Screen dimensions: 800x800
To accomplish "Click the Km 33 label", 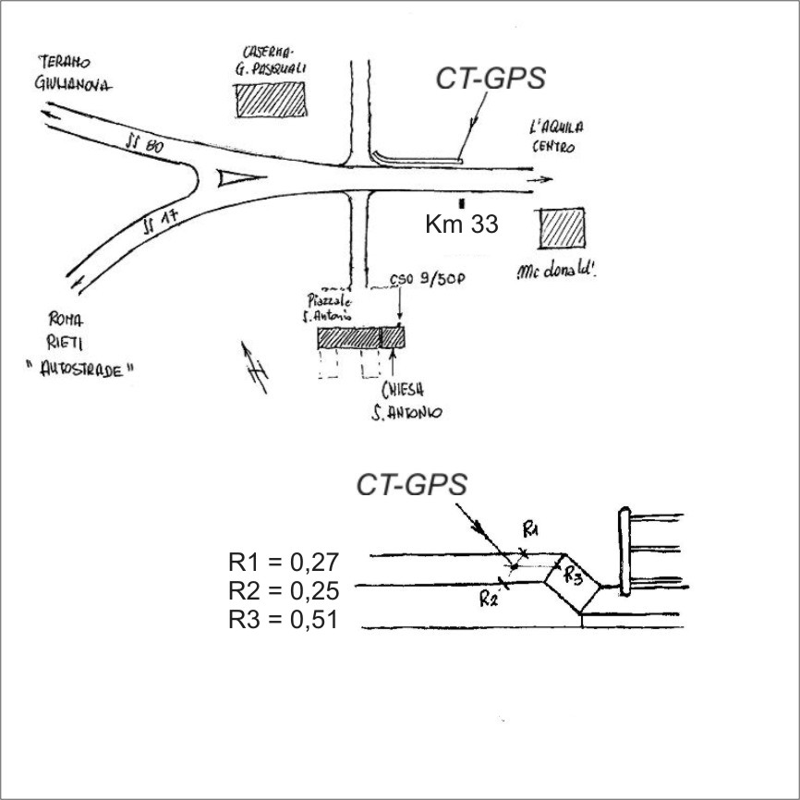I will pyautogui.click(x=461, y=224).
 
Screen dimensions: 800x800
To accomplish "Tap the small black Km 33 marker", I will pyautogui.click(x=461, y=200).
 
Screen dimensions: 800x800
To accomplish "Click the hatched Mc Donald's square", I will pyautogui.click(x=563, y=228).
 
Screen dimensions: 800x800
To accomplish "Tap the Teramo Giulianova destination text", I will pyautogui.click(x=73, y=74).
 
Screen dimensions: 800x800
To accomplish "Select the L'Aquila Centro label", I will pyautogui.click(x=557, y=136).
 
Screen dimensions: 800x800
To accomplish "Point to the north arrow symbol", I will pyautogui.click(x=256, y=367).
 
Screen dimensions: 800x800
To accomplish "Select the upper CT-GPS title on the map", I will pyautogui.click(x=491, y=79).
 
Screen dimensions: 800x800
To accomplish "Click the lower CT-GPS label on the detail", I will pyautogui.click(x=412, y=485).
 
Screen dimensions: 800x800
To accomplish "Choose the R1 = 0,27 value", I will pyautogui.click(x=285, y=562).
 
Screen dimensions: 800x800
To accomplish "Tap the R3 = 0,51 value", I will pyautogui.click(x=285, y=619).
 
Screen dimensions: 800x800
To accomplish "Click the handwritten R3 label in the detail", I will pyautogui.click(x=573, y=576).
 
